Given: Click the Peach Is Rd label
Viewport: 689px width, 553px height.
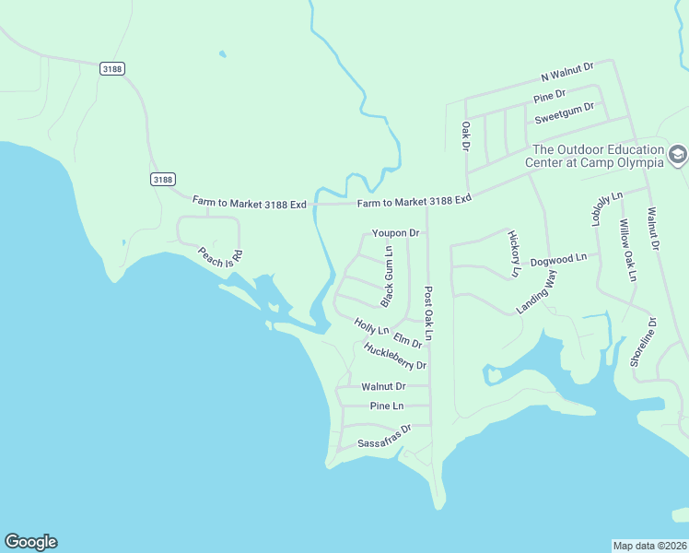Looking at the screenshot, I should [x=220, y=257].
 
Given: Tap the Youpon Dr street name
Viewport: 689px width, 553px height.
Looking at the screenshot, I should [x=395, y=233].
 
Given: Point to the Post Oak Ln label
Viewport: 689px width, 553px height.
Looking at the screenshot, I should [x=428, y=314].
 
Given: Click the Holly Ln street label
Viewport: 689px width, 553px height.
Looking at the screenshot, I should [x=371, y=325].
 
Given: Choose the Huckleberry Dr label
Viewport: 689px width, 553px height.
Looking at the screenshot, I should [x=395, y=357].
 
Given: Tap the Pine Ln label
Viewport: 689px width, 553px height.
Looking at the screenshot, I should [x=387, y=406].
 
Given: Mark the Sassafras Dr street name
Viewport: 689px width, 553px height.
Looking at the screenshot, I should [x=383, y=436].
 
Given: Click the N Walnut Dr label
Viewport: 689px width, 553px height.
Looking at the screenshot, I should [x=567, y=71].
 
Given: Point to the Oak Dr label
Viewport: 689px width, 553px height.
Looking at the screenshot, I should [x=466, y=135].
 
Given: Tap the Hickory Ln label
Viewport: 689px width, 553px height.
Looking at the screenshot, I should [x=513, y=254].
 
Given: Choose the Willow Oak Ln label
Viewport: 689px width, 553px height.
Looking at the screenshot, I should [x=627, y=251].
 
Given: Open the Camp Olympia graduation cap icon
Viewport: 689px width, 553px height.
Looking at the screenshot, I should [x=678, y=155].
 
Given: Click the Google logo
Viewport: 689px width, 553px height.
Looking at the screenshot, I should [x=30, y=542].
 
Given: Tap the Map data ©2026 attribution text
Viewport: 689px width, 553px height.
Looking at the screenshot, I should [x=649, y=545].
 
